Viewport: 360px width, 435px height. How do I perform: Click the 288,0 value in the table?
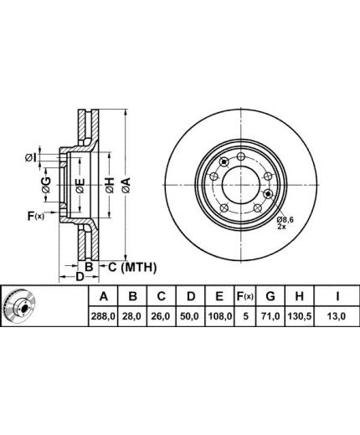pos(103,316)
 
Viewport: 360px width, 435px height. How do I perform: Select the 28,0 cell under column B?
pos(133,316)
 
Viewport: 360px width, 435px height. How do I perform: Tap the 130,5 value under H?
pos(299,316)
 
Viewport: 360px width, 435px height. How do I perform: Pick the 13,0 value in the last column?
pos(337,316)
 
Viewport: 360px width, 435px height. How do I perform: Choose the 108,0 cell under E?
pos(219,316)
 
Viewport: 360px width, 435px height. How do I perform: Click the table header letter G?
pos(270,296)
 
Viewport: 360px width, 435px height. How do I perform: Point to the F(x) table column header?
pos(245,296)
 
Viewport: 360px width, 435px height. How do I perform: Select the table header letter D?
pos(191,296)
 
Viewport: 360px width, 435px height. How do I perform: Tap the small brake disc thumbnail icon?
pos(20,306)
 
